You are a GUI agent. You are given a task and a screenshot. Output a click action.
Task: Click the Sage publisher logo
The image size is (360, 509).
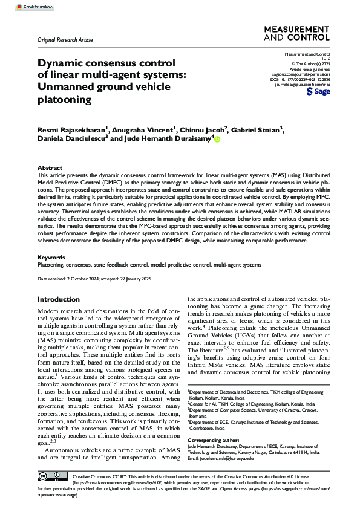[x=319, y=92]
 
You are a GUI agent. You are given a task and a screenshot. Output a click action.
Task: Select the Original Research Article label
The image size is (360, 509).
[x=65, y=39]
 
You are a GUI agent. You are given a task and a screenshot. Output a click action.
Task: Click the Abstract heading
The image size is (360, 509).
[x=50, y=167]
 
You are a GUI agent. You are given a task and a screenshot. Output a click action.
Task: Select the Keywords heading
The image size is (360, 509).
[x=51, y=256]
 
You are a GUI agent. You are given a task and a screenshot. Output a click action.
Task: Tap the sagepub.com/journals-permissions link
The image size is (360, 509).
[x=301, y=74]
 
